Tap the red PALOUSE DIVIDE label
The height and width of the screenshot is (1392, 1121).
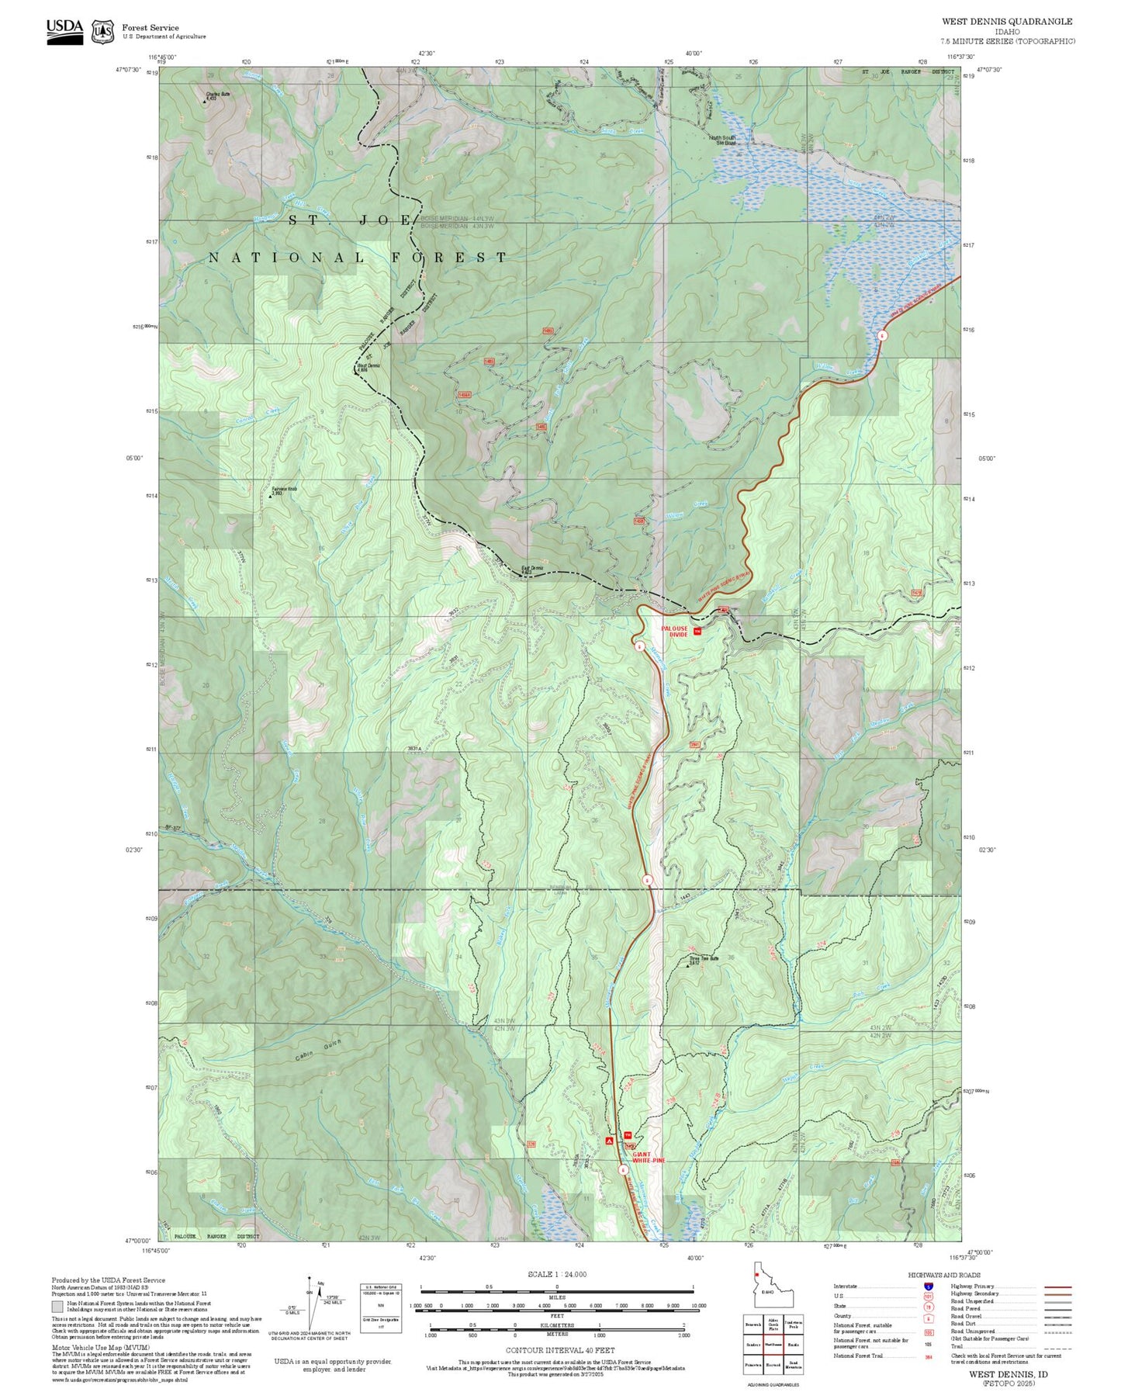point(674,631)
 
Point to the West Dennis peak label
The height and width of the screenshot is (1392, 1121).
point(368,367)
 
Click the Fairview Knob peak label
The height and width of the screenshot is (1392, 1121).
point(285,490)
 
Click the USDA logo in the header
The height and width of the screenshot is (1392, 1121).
point(64,31)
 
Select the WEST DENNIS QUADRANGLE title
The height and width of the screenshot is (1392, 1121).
point(1007,22)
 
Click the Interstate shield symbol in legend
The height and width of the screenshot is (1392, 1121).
point(927,1286)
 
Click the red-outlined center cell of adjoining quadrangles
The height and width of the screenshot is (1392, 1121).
point(773,1344)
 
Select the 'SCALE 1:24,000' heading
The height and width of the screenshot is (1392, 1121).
point(556,1274)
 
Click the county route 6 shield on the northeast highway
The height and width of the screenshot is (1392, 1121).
point(882,335)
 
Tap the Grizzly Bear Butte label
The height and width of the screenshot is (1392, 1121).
point(704,959)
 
